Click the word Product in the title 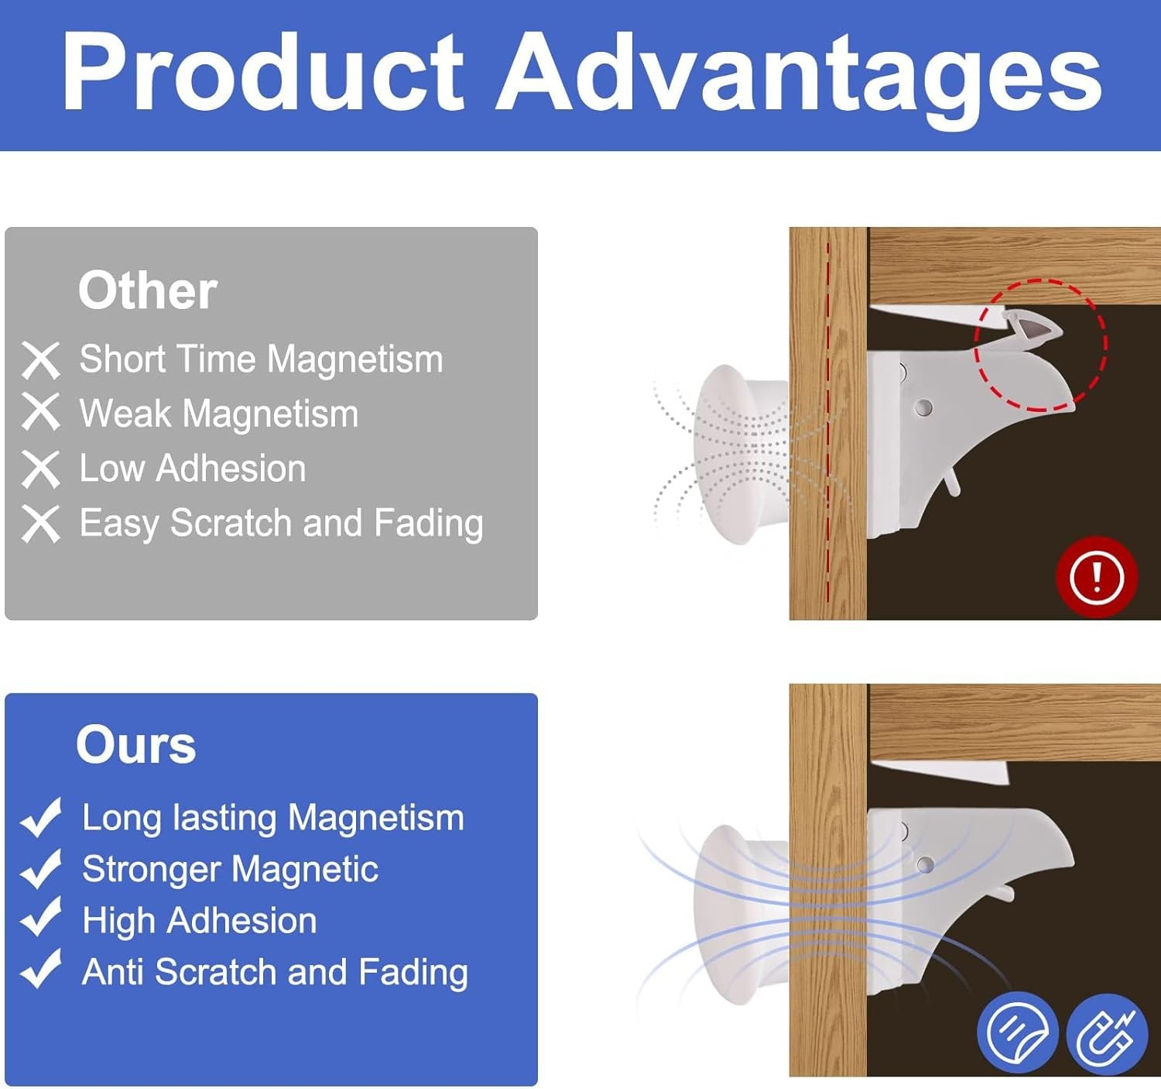[264, 70]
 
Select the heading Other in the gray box [147, 290]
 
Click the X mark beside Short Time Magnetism [40, 361]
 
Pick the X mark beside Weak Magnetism [40, 412]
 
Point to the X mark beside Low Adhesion [40, 469]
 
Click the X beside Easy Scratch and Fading [40, 524]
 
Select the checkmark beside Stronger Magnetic [41, 869]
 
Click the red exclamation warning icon [1097, 577]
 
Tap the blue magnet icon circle [1107, 1034]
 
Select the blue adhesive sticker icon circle [1018, 1032]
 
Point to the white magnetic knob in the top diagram [741, 454]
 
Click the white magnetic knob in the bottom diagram [741, 916]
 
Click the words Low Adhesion [192, 469]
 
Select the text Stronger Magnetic [231, 869]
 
